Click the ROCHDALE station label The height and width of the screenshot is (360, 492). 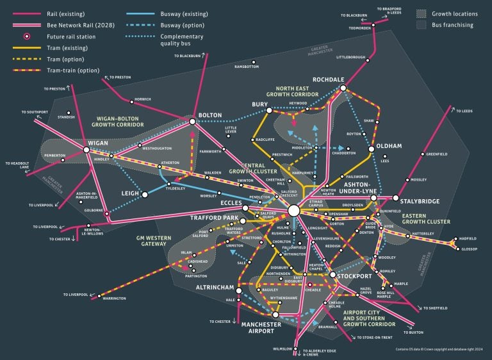pyautogui.click(x=328, y=79)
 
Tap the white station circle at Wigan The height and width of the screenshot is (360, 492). pyautogui.click(x=86, y=150)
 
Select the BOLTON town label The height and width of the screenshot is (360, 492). pyautogui.click(x=210, y=116)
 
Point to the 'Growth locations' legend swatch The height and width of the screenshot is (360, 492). pyautogui.click(x=421, y=13)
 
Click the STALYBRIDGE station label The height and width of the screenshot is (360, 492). pyautogui.click(x=420, y=202)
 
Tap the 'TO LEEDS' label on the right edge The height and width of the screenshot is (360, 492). pyautogui.click(x=466, y=111)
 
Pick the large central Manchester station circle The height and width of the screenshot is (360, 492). pyautogui.click(x=294, y=210)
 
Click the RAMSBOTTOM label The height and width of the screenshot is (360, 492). pyautogui.click(x=247, y=67)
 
